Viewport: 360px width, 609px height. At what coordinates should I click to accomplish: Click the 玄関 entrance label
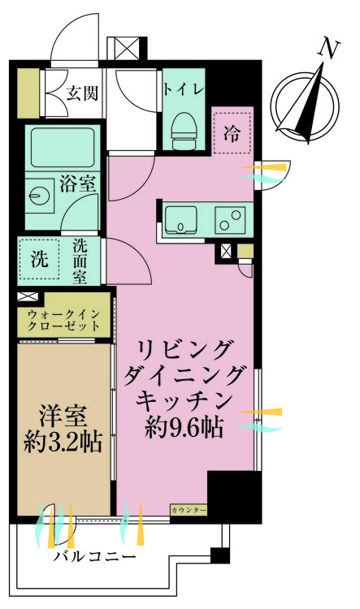[82, 93]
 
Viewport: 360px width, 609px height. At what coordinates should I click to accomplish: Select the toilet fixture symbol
[184, 127]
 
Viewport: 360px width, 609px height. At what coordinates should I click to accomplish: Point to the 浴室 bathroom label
[78, 184]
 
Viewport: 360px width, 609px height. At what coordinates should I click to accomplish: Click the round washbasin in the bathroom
[38, 195]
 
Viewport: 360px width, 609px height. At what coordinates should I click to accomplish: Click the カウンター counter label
[189, 510]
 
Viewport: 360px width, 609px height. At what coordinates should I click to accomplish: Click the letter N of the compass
[328, 49]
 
